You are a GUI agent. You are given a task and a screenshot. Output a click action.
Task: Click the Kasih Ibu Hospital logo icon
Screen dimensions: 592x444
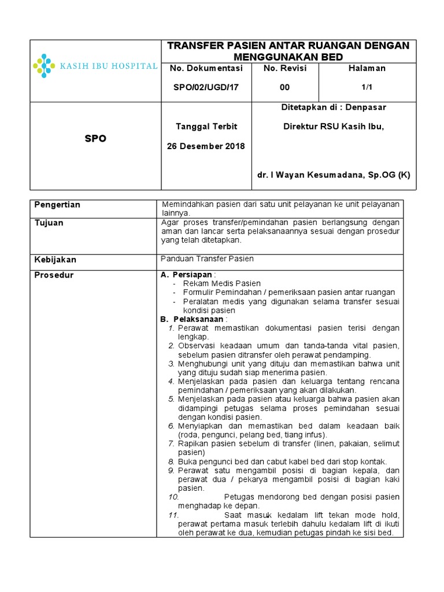(x=44, y=66)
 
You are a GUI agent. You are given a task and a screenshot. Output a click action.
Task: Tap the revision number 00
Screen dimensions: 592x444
(x=284, y=87)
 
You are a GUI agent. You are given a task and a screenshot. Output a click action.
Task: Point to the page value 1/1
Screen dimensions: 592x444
(x=367, y=87)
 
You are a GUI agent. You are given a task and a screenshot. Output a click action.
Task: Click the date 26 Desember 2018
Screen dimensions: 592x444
(x=206, y=146)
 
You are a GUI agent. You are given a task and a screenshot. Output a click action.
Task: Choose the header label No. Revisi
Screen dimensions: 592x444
(x=284, y=68)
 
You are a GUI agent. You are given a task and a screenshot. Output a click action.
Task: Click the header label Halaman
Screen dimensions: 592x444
(x=367, y=68)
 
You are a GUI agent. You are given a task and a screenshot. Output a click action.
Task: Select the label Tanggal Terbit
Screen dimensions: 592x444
(x=206, y=126)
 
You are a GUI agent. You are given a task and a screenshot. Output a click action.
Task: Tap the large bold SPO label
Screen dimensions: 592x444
(x=95, y=139)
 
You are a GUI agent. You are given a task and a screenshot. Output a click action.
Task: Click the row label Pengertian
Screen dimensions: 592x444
(x=57, y=205)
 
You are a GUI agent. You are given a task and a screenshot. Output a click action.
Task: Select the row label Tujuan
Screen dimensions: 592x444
(x=49, y=223)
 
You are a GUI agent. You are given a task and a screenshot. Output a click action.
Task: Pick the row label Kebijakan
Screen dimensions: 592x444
(x=55, y=260)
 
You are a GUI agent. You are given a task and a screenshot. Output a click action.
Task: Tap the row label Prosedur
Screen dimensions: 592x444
(x=54, y=275)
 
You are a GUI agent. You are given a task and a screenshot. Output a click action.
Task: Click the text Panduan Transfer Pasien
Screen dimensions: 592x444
(x=208, y=259)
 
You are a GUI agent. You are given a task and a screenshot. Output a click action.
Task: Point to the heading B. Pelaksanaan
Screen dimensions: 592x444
(x=193, y=319)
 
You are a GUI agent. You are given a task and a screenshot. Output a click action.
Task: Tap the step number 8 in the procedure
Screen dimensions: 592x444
(x=172, y=462)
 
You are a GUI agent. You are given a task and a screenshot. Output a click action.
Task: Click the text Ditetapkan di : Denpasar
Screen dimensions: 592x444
(x=334, y=107)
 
